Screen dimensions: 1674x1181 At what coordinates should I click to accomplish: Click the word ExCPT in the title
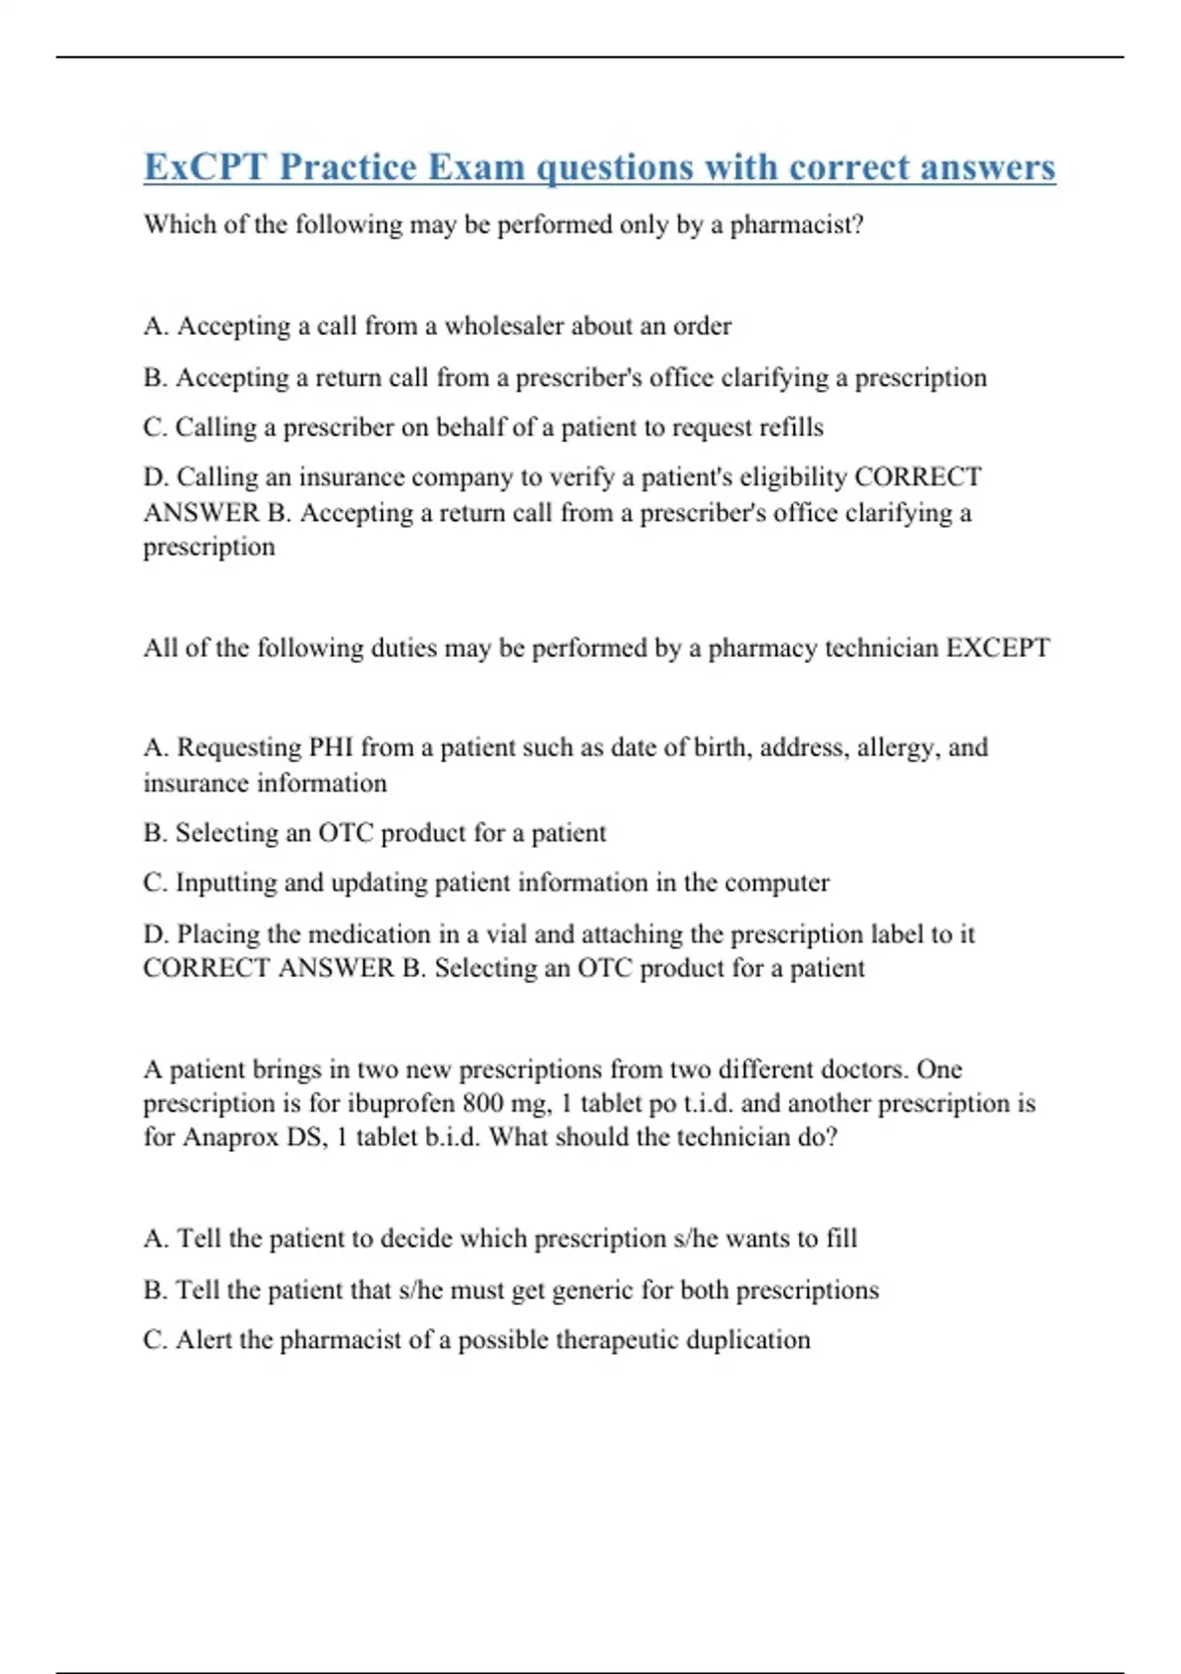205,167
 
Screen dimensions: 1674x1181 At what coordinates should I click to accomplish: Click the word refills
790,427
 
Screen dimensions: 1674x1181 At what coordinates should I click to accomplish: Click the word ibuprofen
410,1103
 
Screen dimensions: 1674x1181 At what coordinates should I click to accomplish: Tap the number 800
483,1103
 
